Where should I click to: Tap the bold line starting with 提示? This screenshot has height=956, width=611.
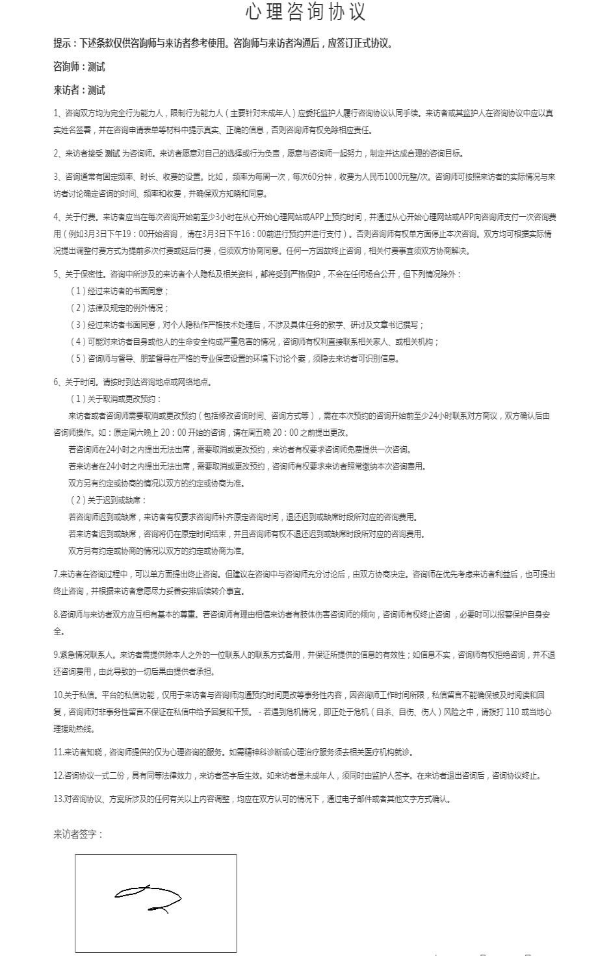[x=223, y=44]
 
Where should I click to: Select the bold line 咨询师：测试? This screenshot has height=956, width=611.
[x=79, y=67]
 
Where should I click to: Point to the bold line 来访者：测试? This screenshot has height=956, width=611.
[x=79, y=90]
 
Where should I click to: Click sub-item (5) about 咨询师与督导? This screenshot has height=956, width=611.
[x=235, y=359]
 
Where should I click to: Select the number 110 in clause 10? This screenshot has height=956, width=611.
[x=511, y=712]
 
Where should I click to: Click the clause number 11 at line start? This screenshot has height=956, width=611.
[x=58, y=752]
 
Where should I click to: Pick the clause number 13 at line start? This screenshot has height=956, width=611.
[x=58, y=799]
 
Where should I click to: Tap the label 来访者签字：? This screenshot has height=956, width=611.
[x=78, y=835]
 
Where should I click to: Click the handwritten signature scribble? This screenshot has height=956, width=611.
[x=148, y=898]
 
